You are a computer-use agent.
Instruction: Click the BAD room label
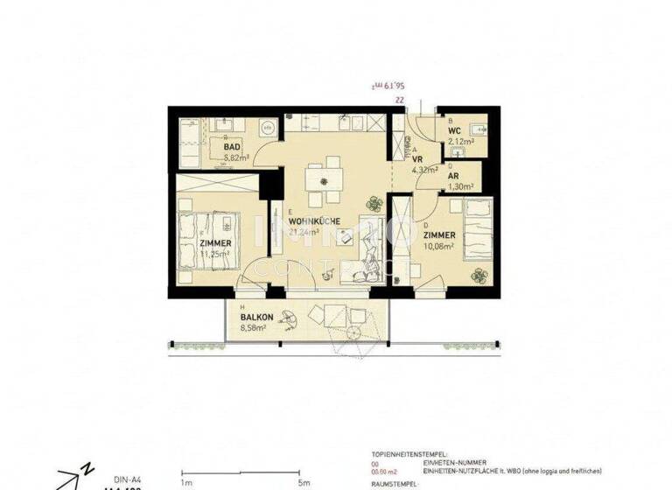point(232,147)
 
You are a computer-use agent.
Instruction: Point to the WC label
point(455,130)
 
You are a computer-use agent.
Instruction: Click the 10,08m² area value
point(438,247)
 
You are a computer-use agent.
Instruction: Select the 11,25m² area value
point(214,254)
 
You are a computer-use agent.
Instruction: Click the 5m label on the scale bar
point(303,481)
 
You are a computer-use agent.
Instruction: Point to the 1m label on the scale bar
point(185,481)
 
